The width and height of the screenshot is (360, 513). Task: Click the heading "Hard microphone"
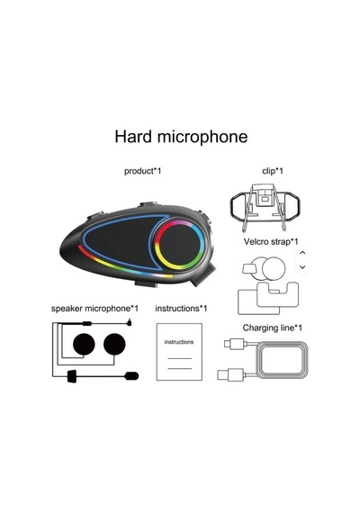click(x=181, y=137)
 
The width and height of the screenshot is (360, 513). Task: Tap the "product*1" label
click(x=143, y=171)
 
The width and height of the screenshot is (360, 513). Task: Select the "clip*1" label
click(x=273, y=171)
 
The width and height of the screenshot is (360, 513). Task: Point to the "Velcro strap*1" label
click(x=271, y=242)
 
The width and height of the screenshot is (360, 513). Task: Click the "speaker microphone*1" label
click(x=94, y=309)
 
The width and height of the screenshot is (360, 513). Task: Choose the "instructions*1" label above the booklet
click(x=181, y=309)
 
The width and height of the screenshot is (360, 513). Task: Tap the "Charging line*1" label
click(x=273, y=328)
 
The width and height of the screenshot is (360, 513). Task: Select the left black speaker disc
click(x=84, y=344)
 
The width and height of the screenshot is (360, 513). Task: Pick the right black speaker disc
click(x=114, y=344)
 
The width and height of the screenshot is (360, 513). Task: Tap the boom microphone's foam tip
click(x=131, y=376)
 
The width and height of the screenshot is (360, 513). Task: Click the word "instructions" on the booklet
click(x=179, y=342)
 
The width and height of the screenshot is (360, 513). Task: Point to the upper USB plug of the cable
click(x=234, y=344)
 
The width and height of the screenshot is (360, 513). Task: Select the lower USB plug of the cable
click(x=230, y=374)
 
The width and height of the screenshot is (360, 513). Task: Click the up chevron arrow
click(x=302, y=253)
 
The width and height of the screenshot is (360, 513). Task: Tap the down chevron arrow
click(x=302, y=267)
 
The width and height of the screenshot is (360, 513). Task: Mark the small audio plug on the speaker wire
click(x=130, y=323)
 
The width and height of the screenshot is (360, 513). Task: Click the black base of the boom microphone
click(x=71, y=376)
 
